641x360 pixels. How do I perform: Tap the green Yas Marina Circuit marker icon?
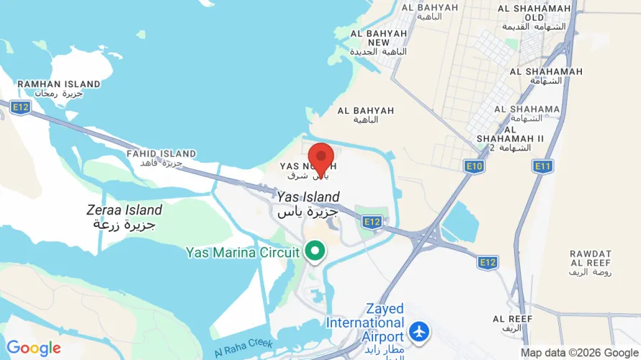point(315,251)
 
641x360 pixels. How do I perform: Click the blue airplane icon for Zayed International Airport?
point(418,332)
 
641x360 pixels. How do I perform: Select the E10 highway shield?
point(473,166)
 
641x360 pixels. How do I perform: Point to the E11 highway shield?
point(542,166)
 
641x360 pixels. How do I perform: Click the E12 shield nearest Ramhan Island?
point(20,107)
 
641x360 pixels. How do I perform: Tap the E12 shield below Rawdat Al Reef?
point(488,263)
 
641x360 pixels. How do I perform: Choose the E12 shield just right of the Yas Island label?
point(371,221)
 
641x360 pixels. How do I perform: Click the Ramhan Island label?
point(49,89)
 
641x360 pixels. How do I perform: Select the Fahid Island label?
point(161,158)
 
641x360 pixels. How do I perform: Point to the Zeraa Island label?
point(124,217)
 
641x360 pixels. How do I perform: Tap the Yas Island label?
point(308,204)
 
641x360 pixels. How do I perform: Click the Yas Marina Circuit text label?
point(242,252)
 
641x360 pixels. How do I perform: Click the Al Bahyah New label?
point(379,42)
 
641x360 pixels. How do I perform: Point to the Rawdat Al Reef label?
point(590,264)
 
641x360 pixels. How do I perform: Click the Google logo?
point(33,348)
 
